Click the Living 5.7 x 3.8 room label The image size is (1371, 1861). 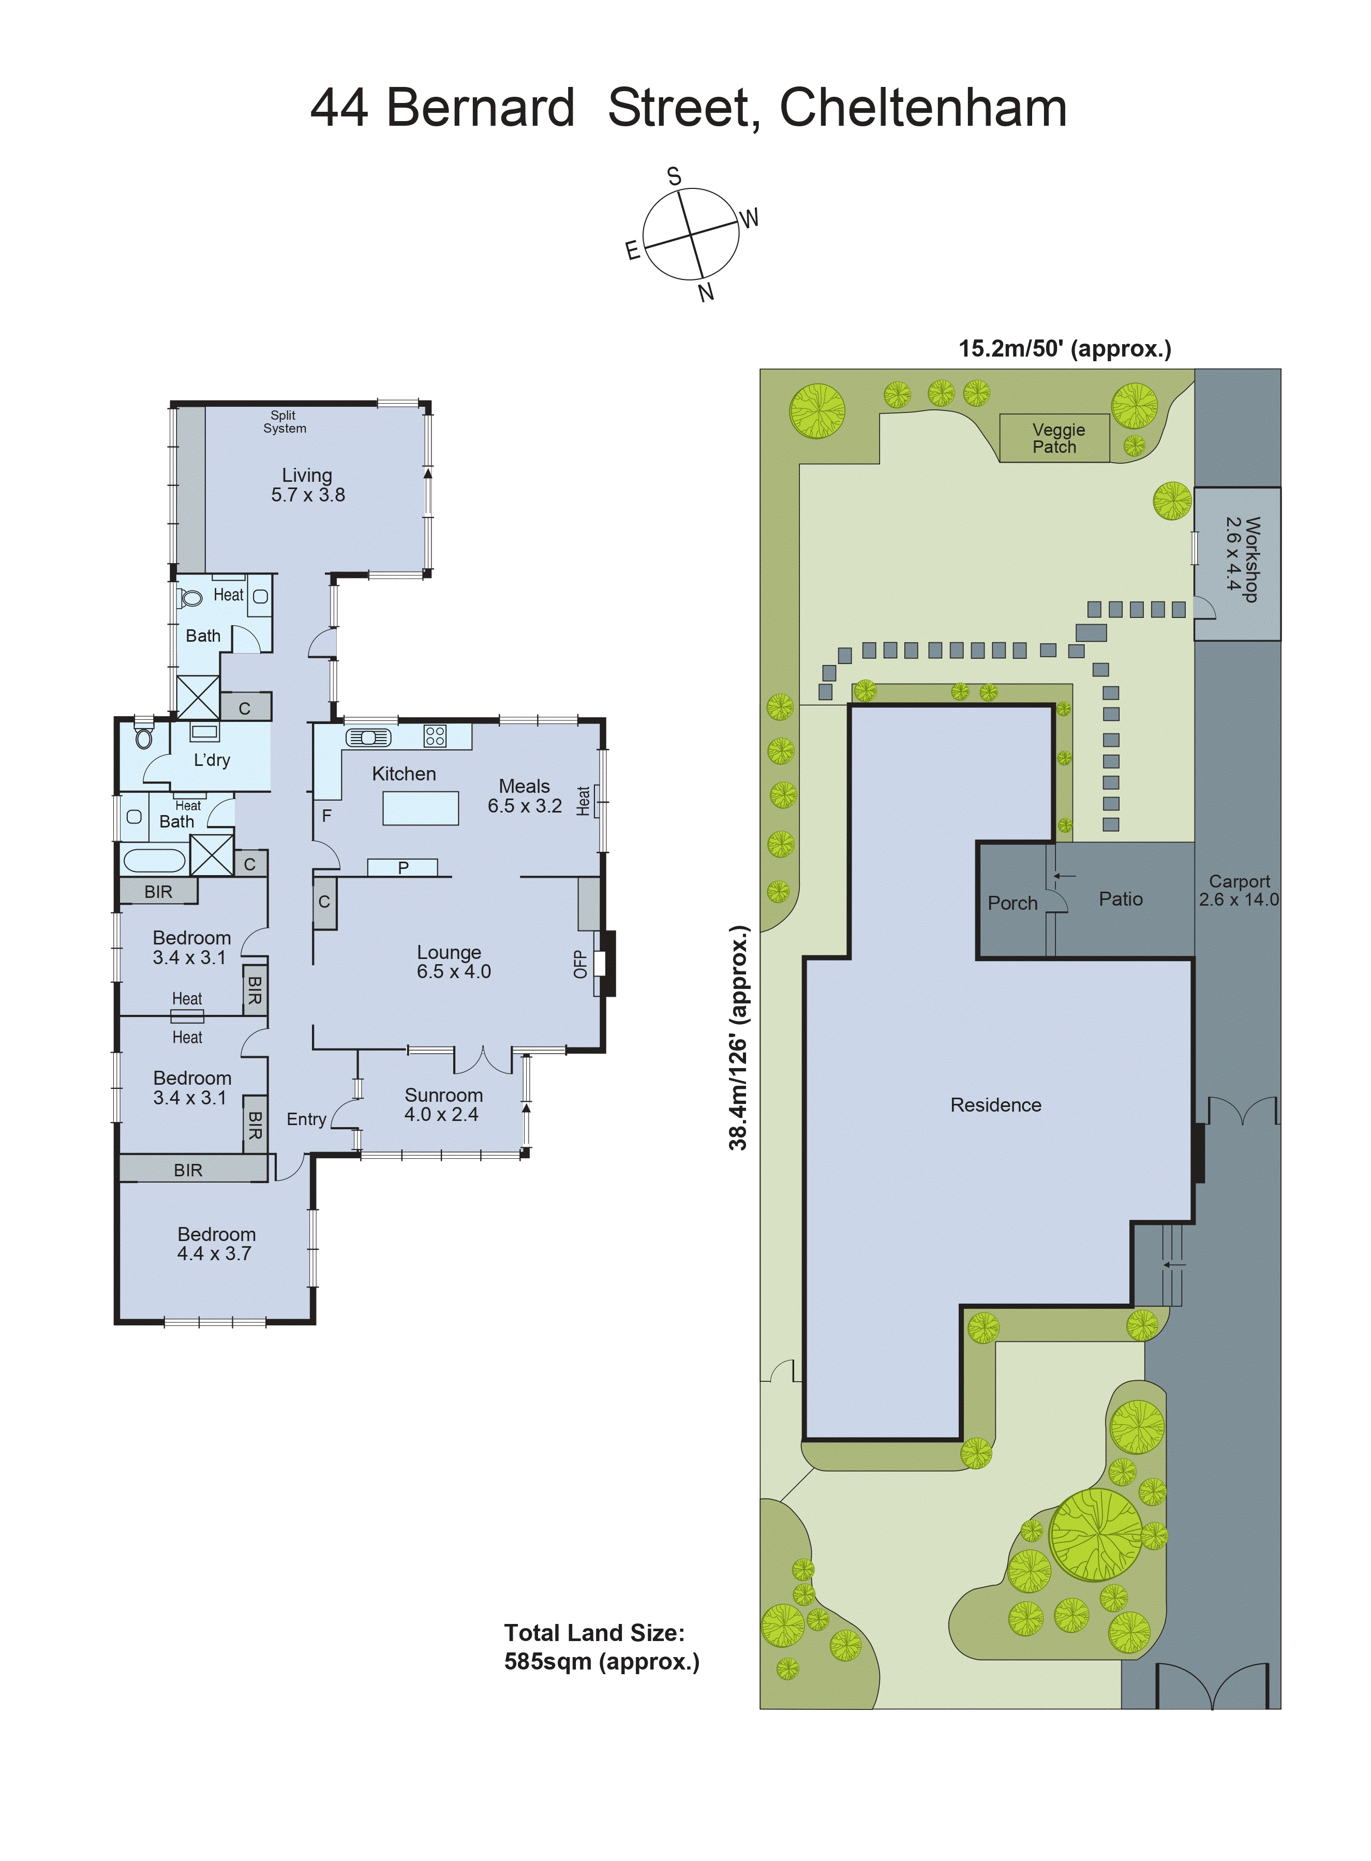point(307,485)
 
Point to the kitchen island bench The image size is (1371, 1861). point(420,808)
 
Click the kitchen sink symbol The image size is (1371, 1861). point(368,737)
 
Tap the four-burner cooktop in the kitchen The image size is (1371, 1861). point(435,735)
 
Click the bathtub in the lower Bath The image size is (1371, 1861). point(154,860)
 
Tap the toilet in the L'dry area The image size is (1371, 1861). point(144,737)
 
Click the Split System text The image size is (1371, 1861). point(284,422)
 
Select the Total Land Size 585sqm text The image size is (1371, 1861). point(602,1647)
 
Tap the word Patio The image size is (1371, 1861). point(1121,899)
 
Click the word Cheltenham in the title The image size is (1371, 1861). point(923,108)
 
